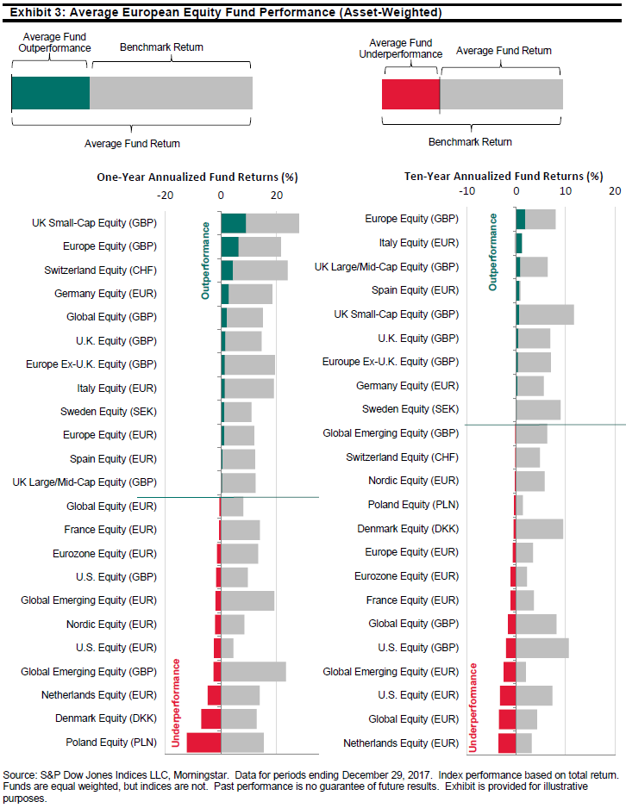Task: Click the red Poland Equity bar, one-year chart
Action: coord(203,741)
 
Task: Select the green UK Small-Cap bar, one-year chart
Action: coord(233,223)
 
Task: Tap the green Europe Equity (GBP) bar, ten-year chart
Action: coord(520,219)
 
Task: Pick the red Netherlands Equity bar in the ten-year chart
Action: coord(507,742)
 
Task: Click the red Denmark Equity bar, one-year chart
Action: coord(210,718)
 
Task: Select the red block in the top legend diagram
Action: coord(410,94)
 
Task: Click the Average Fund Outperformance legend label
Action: coord(53,42)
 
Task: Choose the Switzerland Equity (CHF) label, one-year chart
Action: coord(99,270)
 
